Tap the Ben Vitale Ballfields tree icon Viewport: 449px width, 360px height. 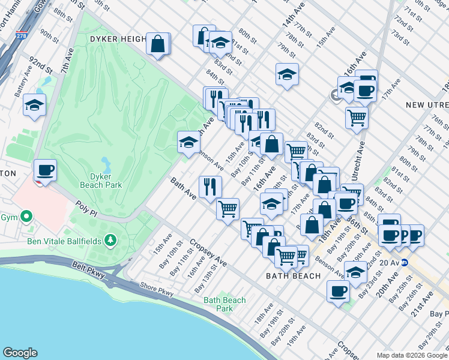tap(110, 241)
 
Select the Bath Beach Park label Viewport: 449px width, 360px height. tap(224, 304)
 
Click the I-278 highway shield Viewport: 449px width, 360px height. tap(23, 35)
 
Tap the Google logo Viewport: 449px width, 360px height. tap(20, 353)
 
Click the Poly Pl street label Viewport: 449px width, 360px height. tap(86, 208)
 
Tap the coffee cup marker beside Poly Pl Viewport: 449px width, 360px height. tap(46, 170)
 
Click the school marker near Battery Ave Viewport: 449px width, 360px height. tap(35, 104)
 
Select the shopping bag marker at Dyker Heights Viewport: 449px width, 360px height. tap(157, 44)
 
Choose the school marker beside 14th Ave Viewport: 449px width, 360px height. tap(288, 74)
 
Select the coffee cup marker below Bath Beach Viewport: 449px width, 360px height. tap(338, 292)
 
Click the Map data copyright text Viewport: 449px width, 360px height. tap(412, 355)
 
